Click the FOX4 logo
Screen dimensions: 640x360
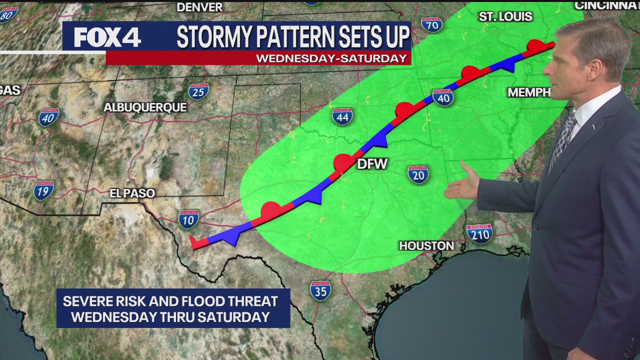click(107, 37)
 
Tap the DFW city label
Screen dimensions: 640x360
click(372, 164)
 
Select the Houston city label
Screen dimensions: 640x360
click(426, 245)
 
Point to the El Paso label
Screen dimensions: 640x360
click(132, 193)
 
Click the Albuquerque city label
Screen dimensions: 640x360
click(145, 107)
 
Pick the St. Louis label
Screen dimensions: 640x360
click(505, 16)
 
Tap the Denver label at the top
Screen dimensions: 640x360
click(199, 7)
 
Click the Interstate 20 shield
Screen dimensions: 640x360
click(418, 174)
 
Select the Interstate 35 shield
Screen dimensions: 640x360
click(320, 290)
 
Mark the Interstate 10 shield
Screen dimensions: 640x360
click(188, 219)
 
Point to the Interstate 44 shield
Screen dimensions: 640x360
click(342, 116)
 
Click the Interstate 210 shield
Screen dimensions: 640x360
click(479, 233)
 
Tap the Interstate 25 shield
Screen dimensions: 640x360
click(198, 91)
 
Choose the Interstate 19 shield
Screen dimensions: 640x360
click(44, 190)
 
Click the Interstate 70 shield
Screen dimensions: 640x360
click(431, 24)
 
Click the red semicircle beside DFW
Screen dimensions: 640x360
click(343, 162)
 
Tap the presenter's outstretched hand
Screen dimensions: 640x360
click(462, 185)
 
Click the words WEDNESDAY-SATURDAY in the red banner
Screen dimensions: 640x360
click(331, 58)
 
